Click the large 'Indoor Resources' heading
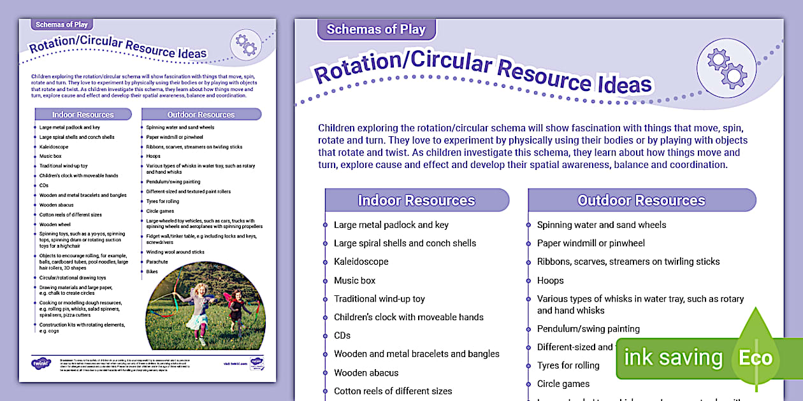coord(416,200)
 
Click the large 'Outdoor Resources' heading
coord(641,200)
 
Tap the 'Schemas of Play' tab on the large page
coord(376,29)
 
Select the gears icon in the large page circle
coord(727,67)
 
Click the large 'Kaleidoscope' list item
coord(361,262)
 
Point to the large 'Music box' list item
coord(354,280)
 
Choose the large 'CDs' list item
coord(342,335)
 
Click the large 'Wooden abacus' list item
coord(366,372)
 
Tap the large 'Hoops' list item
coord(550,280)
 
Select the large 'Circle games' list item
coord(563,384)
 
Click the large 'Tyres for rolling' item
coord(568,365)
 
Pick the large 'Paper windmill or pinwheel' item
coord(591,243)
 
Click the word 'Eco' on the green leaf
coord(755,358)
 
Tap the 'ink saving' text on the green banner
coord(673,358)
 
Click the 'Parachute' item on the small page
coord(157,262)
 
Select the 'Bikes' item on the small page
coord(152,271)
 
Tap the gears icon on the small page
coord(245,44)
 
